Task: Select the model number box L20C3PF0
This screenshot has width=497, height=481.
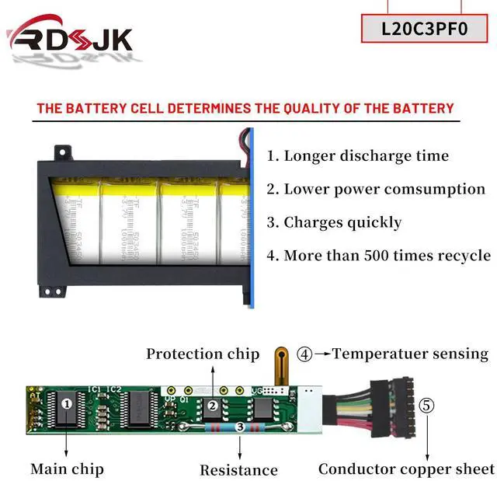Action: click(425, 29)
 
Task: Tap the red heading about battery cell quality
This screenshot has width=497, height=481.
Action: click(245, 108)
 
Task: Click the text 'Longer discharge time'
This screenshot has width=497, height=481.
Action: click(358, 155)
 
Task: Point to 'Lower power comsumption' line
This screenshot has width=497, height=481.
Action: click(376, 189)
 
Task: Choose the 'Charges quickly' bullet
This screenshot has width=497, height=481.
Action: click(335, 222)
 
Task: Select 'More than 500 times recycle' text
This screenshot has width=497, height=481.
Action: click(379, 255)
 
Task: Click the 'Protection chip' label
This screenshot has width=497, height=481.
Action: click(203, 354)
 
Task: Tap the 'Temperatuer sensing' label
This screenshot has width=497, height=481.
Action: click(411, 354)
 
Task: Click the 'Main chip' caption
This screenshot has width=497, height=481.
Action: click(67, 469)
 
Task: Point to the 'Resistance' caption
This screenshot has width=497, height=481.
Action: click(238, 469)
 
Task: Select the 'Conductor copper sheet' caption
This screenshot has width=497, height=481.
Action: click(406, 469)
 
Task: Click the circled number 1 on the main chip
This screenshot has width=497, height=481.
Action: click(67, 403)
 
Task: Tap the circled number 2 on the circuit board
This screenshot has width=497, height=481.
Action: click(211, 406)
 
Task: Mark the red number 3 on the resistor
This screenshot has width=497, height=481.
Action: click(240, 427)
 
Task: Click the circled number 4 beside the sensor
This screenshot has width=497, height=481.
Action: click(304, 354)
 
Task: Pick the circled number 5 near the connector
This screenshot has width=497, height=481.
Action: click(427, 406)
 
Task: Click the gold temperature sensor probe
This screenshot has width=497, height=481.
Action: click(277, 364)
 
